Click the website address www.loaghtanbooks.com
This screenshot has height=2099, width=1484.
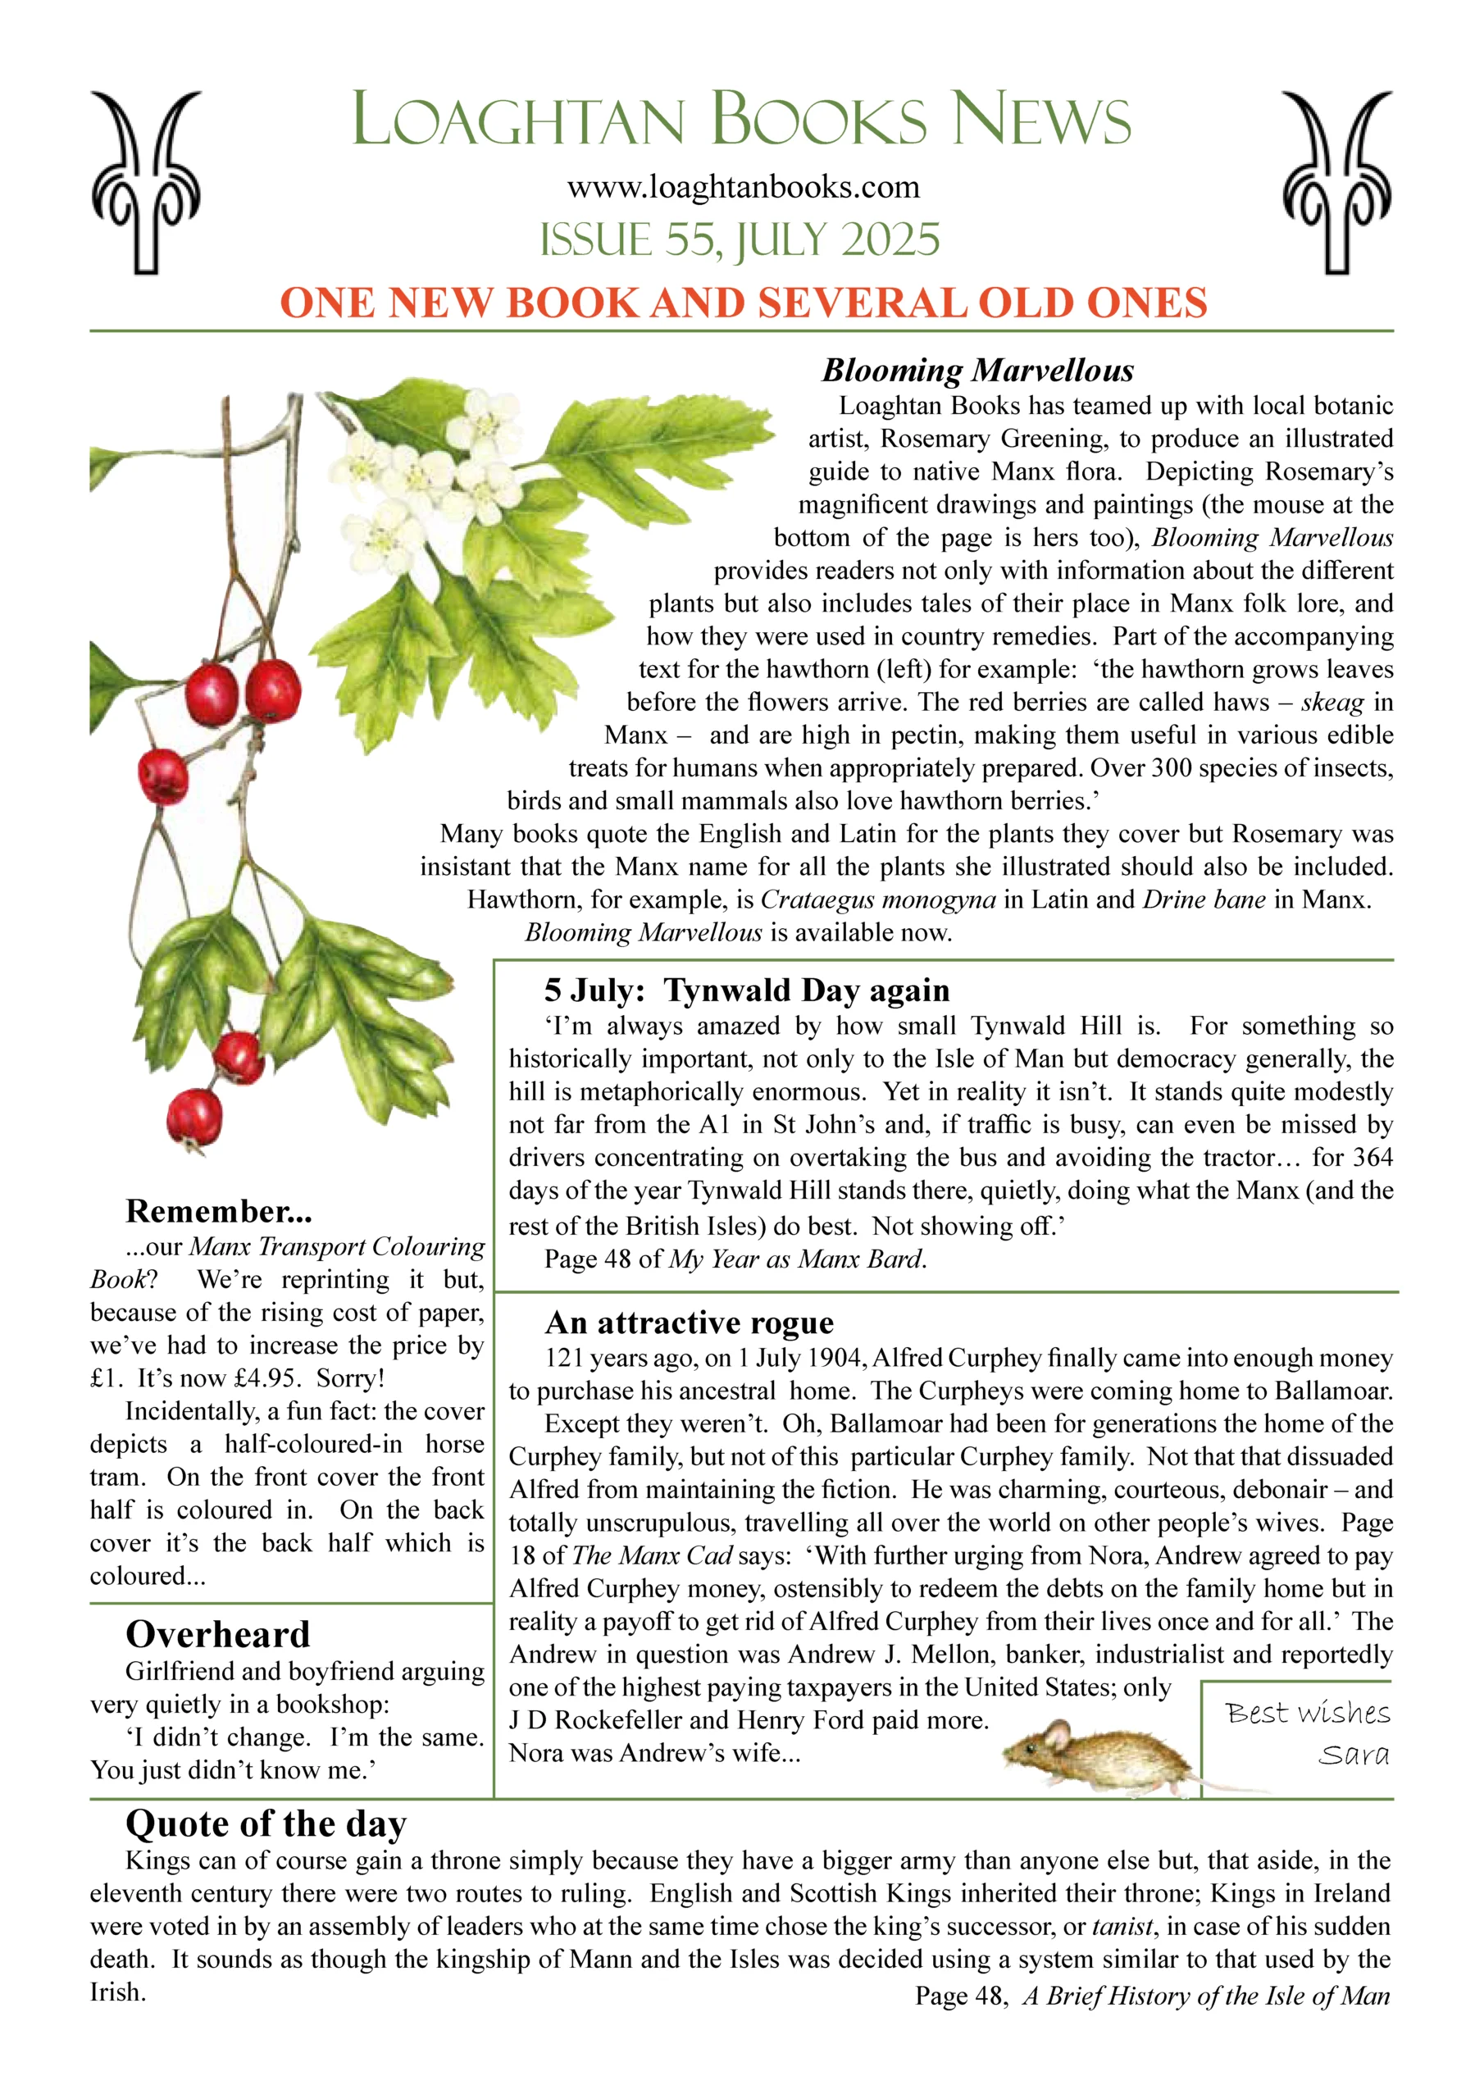click(x=743, y=188)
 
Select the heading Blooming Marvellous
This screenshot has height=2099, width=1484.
click(x=977, y=371)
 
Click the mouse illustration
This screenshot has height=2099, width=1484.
click(x=1097, y=1751)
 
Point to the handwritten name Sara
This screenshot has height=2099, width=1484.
click(x=1354, y=1755)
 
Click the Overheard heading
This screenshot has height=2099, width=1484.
click(x=217, y=1635)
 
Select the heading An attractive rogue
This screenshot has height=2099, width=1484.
click(x=690, y=1323)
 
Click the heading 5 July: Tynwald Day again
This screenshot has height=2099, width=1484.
click(x=747, y=990)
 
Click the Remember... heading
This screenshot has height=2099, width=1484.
click(x=219, y=1211)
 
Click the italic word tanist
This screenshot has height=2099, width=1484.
click(x=1122, y=1926)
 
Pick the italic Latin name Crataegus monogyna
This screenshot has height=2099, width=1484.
click(x=878, y=899)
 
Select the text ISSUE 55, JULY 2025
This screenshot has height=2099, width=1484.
click(x=740, y=239)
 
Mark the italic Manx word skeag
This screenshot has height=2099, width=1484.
click(x=1332, y=702)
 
